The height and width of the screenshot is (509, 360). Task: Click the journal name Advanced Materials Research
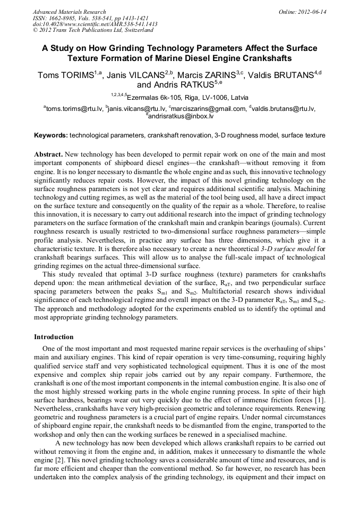click(x=69, y=12)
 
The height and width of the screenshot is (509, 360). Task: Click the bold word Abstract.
click(x=49, y=154)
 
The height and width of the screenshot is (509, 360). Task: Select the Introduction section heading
click(x=54, y=337)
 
